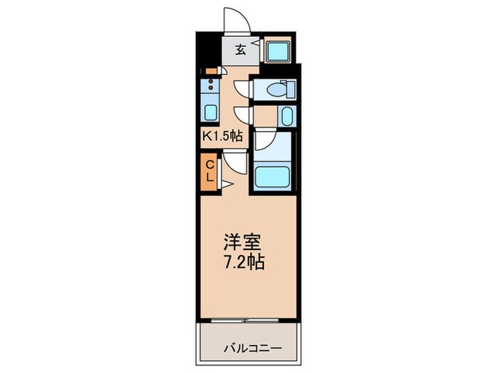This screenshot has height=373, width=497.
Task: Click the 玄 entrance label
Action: pyautogui.click(x=241, y=49)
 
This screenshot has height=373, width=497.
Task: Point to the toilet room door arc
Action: pyautogui.click(x=243, y=88)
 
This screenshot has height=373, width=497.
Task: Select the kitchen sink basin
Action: pyautogui.click(x=210, y=112)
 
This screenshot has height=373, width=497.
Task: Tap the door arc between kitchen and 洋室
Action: pyautogui.click(x=236, y=163)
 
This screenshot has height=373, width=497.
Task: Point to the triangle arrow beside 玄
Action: pyautogui.click(x=253, y=50)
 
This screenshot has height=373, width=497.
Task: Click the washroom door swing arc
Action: pyautogui.click(x=244, y=114)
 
